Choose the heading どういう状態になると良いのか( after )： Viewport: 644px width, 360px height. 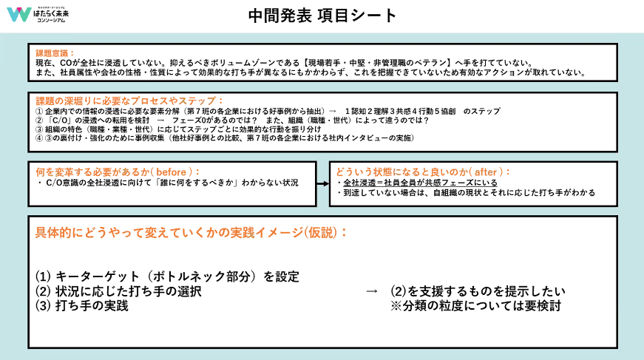tap(418, 171)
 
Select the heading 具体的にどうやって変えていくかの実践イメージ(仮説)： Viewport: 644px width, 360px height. tap(191, 232)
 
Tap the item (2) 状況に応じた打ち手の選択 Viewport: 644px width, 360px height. tap(118, 291)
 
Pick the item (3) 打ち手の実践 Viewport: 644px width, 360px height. tap(82, 305)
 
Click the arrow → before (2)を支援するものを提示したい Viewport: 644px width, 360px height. tap(372, 291)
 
